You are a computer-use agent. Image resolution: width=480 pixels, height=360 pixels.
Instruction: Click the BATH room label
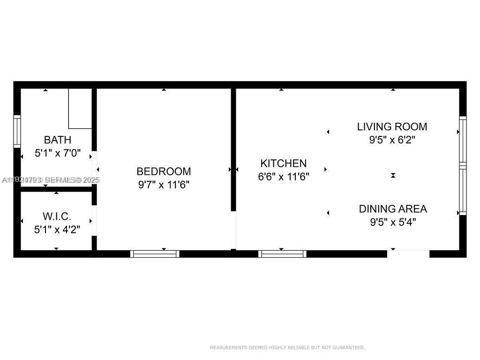pyautogui.click(x=58, y=140)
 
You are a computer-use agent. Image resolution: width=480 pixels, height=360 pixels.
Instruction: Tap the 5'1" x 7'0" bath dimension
pyautogui.click(x=58, y=153)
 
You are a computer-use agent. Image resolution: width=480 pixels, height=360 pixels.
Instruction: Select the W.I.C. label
pyautogui.click(x=57, y=217)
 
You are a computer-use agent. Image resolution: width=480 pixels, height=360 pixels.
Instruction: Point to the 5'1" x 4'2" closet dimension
pyautogui.click(x=58, y=230)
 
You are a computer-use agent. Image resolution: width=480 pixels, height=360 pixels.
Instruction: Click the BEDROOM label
pyautogui.click(x=164, y=172)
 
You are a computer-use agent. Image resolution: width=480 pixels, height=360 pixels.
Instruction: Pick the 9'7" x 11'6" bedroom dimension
pyautogui.click(x=164, y=185)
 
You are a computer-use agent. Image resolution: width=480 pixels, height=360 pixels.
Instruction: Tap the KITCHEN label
pyautogui.click(x=283, y=164)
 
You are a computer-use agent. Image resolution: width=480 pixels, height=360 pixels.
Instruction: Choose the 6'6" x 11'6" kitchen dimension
pyautogui.click(x=283, y=177)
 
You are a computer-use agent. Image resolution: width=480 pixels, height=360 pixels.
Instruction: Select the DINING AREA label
pyautogui.click(x=393, y=209)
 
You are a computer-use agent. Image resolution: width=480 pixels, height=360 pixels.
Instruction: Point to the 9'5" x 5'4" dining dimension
pyautogui.click(x=393, y=222)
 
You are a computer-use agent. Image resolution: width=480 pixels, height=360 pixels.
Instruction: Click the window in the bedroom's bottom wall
pyautogui.click(x=155, y=254)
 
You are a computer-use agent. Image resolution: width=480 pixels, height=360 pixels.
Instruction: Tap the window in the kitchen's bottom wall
pyautogui.click(x=283, y=254)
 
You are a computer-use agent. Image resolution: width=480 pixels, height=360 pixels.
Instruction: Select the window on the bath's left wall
pyautogui.click(x=17, y=132)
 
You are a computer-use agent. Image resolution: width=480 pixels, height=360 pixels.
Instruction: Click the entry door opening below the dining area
pyautogui.click(x=408, y=254)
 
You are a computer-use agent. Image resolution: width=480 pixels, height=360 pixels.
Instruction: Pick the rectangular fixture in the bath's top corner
pyautogui.click(x=80, y=108)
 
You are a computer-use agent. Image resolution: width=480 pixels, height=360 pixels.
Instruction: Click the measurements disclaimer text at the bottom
pyautogui.click(x=287, y=348)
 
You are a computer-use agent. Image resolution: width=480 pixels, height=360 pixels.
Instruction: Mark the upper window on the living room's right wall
pyautogui.click(x=463, y=140)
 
